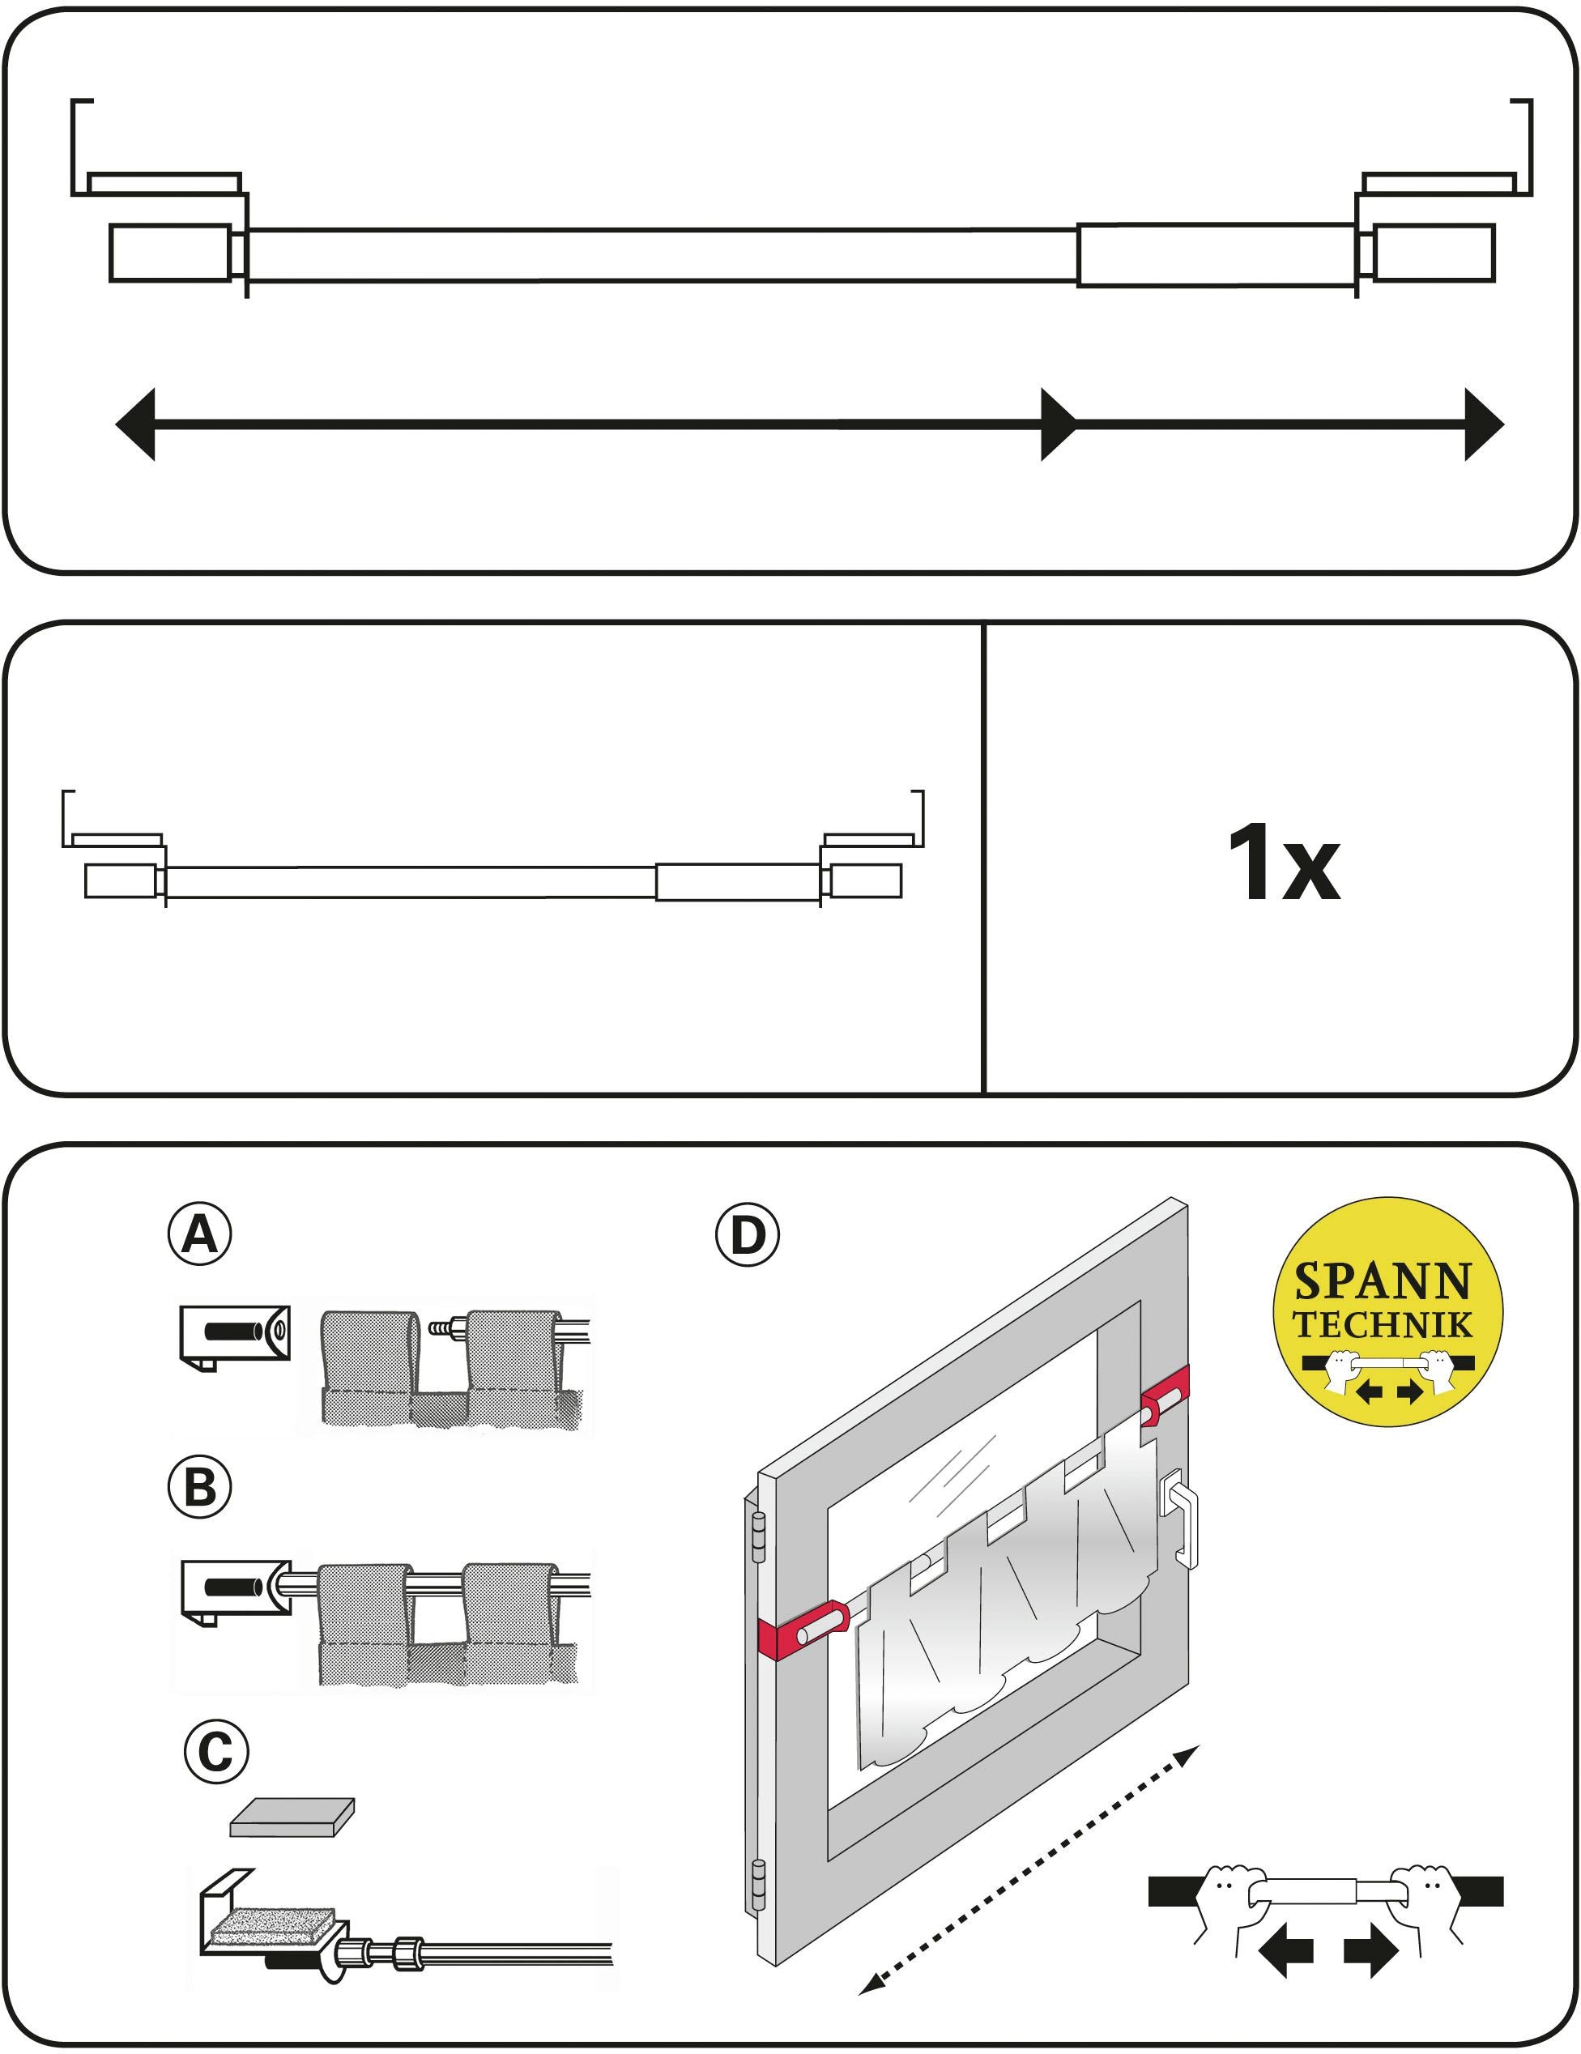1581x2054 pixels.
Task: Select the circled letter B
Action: pos(199,1488)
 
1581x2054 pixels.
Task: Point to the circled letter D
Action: pos(748,1235)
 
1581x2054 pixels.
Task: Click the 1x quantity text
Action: pos(1283,863)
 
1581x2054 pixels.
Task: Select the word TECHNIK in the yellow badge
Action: pos(1382,1324)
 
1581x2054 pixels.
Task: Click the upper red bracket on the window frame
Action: pos(1165,1395)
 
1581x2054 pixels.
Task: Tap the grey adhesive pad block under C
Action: pos(292,1817)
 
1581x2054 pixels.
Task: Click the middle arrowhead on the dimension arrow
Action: pos(1058,424)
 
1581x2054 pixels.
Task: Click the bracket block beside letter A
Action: pos(234,1336)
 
